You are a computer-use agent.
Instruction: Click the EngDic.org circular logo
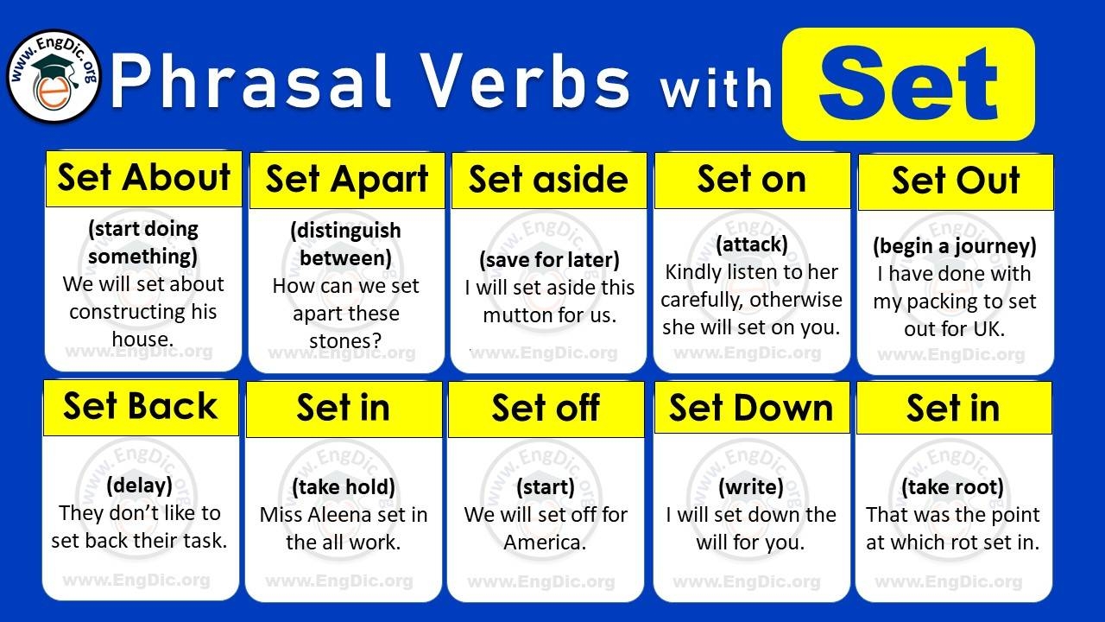54,77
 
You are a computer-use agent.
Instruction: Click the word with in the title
716,89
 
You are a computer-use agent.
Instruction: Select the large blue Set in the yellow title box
908,83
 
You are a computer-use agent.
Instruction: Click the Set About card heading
144,178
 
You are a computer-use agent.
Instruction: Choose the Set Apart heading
347,180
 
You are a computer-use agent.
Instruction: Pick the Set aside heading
548,180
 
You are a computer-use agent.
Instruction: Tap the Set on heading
752,179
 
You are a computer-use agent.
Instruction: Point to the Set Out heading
956,181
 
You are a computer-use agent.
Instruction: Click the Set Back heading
141,406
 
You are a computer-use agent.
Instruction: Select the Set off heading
546,408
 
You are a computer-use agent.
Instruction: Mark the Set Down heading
751,408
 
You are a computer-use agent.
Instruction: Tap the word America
545,543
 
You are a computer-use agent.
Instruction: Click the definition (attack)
751,244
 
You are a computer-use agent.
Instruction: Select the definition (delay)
139,486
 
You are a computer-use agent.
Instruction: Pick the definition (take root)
952,487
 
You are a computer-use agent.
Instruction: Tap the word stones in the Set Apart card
345,341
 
